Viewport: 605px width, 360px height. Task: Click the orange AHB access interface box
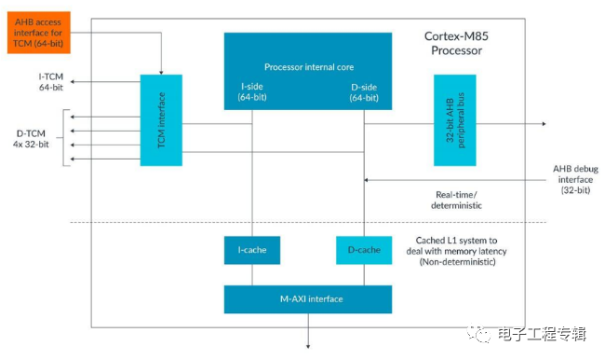tap(38, 33)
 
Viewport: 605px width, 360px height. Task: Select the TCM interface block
tap(161, 120)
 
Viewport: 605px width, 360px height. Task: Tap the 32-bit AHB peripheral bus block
tap(455, 120)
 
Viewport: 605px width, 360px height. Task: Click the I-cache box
tap(252, 250)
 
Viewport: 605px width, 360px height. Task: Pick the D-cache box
tap(364, 250)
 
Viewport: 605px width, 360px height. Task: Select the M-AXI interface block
tap(308, 299)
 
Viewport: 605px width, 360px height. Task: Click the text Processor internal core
tap(309, 67)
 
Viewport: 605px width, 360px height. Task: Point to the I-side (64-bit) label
tap(252, 91)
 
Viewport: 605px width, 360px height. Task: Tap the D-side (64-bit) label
tap(364, 92)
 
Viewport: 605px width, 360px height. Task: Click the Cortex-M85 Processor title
tap(456, 43)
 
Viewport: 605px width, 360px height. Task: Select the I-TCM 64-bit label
tap(51, 82)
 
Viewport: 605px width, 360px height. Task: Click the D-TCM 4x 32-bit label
tap(31, 139)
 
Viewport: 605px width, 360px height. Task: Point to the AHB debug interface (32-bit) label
tap(575, 179)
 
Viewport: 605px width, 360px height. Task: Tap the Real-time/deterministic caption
tap(456, 200)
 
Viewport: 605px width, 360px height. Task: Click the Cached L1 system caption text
tap(456, 251)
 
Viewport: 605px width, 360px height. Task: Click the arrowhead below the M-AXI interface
tap(308, 346)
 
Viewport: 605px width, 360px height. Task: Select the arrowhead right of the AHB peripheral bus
tap(544, 124)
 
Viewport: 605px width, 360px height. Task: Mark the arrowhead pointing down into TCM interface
tap(161, 73)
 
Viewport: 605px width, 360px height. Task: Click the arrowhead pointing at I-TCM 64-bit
tap(73, 81)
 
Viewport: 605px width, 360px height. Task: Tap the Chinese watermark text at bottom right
tap(542, 334)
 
